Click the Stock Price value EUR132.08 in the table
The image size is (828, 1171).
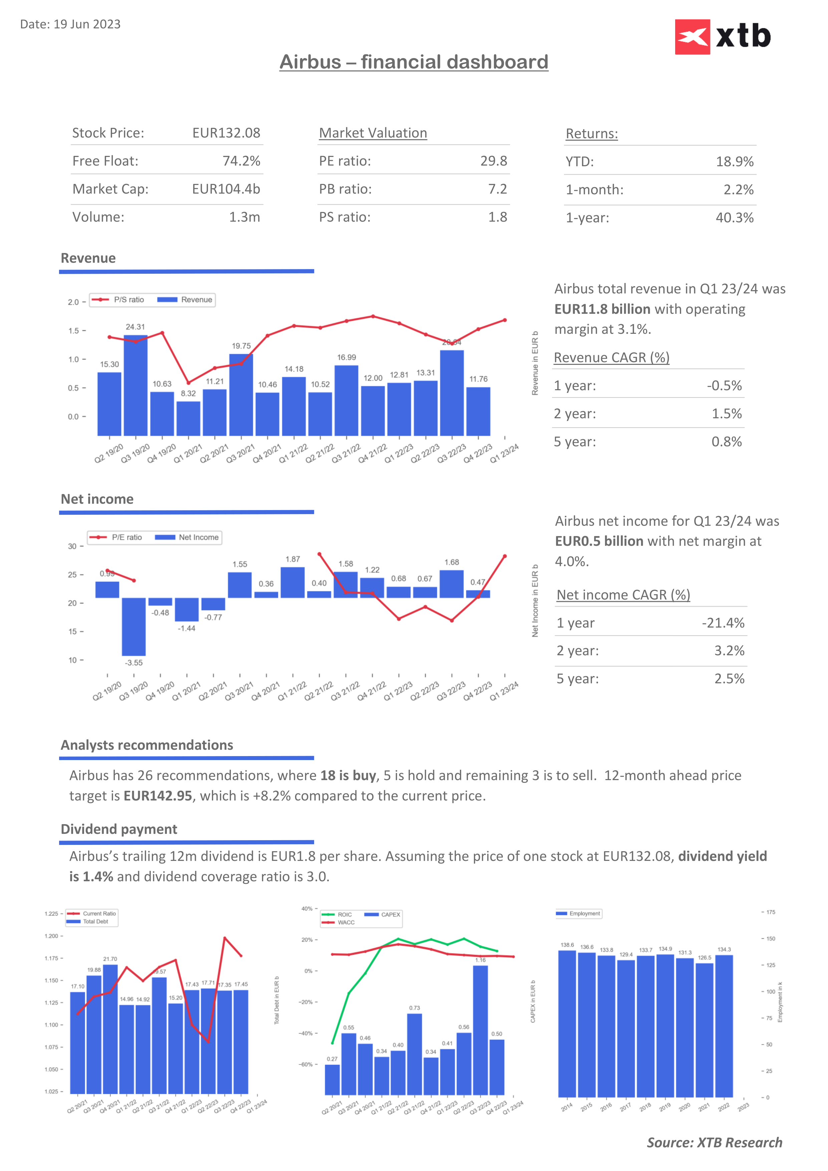click(226, 133)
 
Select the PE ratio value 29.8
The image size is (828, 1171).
click(493, 161)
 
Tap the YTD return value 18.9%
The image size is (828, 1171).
click(734, 162)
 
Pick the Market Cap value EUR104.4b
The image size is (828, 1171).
click(226, 189)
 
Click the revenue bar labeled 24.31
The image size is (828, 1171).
click(135, 385)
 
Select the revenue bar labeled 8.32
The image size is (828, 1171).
click(188, 418)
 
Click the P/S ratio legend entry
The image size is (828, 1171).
click(118, 300)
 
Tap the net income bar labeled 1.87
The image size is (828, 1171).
click(293, 582)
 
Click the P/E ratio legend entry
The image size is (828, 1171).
click(116, 537)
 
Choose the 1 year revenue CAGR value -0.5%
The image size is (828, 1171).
click(724, 386)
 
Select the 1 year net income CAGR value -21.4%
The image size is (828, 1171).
click(723, 623)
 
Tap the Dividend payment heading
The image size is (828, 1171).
click(119, 829)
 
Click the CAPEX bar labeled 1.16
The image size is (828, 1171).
click(480, 1030)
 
